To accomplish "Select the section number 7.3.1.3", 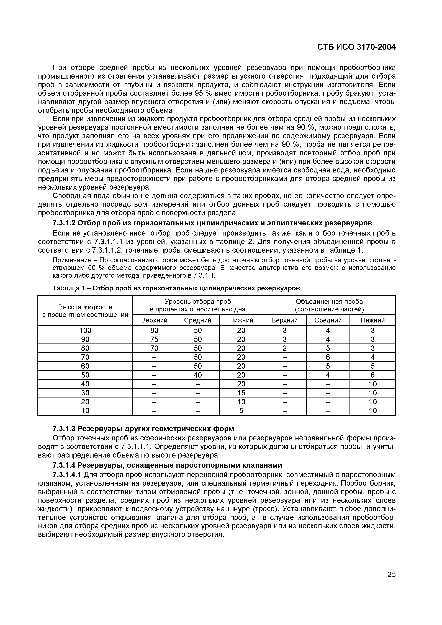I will (64, 428).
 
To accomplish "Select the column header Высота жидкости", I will (85, 307).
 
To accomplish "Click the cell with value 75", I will (154, 339).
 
